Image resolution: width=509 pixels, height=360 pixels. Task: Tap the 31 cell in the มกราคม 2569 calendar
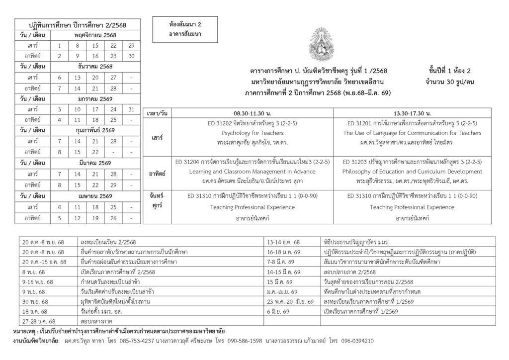pos(131,109)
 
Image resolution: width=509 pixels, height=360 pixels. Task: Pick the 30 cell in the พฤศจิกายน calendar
pos(131,56)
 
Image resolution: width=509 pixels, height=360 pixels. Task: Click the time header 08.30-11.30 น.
pos(245,114)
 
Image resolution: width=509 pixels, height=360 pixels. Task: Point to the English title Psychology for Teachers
pos(245,133)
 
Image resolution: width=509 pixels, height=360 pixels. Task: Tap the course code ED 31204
pos(190,162)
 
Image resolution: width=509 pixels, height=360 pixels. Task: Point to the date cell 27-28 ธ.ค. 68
pos(39,321)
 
